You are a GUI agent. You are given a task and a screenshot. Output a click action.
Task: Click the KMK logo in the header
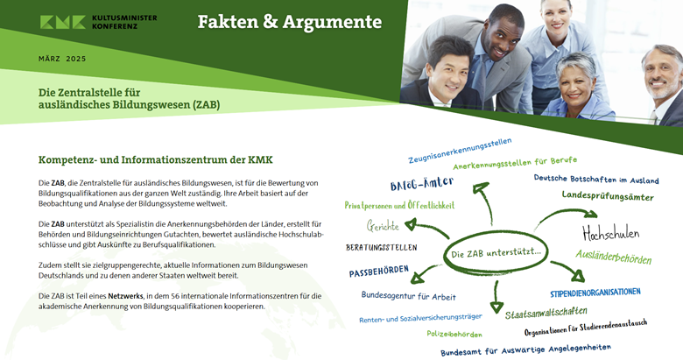98,22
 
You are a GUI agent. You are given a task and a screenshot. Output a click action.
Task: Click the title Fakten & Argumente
290,22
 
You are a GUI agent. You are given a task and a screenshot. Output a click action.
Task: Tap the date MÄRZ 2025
62,59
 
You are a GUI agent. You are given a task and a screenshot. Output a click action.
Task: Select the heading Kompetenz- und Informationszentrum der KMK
156,160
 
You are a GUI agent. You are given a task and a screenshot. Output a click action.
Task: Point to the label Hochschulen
610,233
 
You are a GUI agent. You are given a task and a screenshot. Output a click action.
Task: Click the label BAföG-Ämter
422,183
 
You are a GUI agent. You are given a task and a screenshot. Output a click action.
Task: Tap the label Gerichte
383,226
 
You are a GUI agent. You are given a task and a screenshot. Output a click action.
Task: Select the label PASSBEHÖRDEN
379,271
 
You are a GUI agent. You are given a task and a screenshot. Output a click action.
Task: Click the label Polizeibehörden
454,334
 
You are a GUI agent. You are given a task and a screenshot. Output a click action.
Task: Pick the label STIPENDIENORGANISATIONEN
595,293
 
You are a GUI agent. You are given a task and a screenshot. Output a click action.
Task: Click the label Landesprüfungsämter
608,195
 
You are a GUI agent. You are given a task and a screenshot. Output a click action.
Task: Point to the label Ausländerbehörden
614,257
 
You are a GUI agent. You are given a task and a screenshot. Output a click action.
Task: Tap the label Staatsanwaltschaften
546,313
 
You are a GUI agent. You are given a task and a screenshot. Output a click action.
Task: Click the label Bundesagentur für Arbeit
409,296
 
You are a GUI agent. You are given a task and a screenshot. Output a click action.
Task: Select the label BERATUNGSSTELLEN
382,247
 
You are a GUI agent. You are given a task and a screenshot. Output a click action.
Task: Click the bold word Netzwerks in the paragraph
125,296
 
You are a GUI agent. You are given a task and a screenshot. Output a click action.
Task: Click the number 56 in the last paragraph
175,296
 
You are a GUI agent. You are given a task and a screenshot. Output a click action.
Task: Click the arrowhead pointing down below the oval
496,307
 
